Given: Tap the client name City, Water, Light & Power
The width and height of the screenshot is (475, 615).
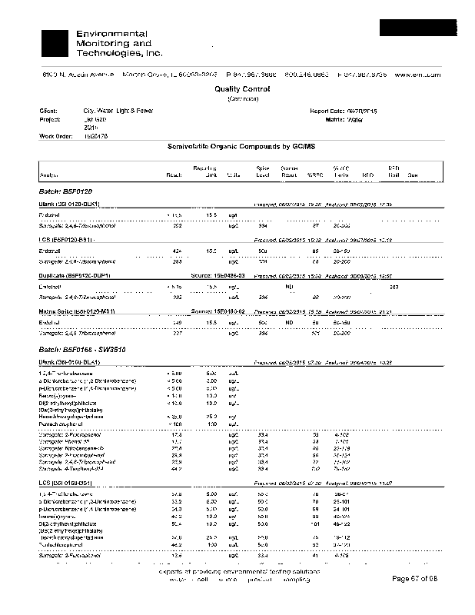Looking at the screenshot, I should coord(118,111).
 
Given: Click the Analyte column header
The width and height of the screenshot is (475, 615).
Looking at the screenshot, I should coord(47,175).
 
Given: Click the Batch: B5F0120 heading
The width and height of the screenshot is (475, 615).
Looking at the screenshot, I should coord(65,190).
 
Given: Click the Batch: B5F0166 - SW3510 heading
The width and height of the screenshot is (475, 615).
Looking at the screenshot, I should coord(81,350).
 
